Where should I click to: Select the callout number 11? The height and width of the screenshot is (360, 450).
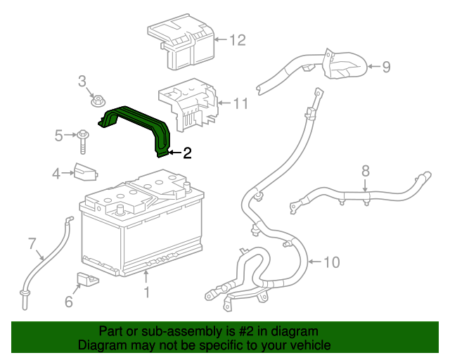tap(240, 104)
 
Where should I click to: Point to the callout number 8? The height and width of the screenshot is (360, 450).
tap(365, 170)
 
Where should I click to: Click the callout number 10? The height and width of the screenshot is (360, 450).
tap(331, 262)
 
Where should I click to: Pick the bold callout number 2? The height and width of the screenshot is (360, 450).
tap(187, 153)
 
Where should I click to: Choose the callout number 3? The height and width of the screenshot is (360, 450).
tap(82, 81)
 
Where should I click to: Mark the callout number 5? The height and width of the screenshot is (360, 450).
tap(59, 134)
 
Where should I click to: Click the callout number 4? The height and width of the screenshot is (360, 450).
tap(56, 173)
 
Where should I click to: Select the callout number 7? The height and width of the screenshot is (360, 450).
tap(32, 244)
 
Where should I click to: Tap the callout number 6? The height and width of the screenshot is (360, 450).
tap(68, 302)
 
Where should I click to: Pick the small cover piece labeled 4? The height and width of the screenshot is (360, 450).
tap(85, 171)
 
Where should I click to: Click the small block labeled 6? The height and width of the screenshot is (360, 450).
tap(87, 279)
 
